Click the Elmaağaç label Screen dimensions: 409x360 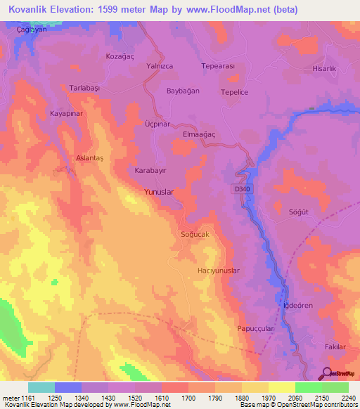click(x=198, y=133)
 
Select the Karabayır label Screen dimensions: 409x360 click(x=150, y=171)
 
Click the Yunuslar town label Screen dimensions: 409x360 click(x=158, y=191)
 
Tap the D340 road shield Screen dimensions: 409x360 click(x=240, y=188)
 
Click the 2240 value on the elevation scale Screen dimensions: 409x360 click(x=347, y=398)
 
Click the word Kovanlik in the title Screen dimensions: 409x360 click(x=32, y=10)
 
